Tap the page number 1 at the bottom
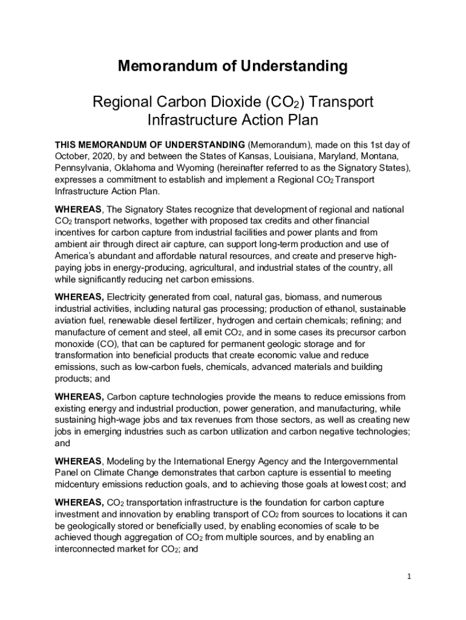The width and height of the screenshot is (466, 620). [409, 576]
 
